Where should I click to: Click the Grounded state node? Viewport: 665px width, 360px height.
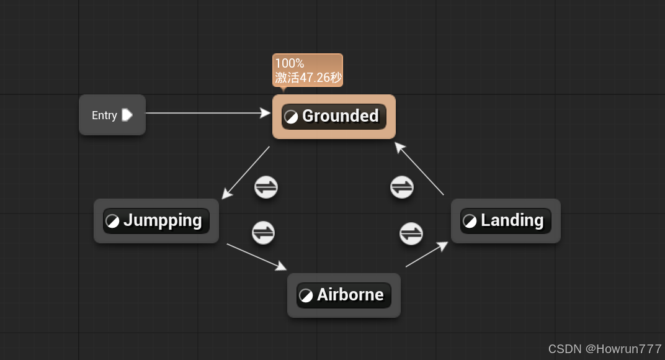pyautogui.click(x=334, y=117)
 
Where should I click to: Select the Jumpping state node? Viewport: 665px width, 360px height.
pyautogui.click(x=156, y=221)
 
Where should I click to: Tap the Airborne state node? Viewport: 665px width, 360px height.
pyautogui.click(x=344, y=295)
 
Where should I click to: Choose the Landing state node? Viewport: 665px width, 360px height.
pyautogui.click(x=506, y=221)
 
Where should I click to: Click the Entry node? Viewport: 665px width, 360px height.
pyautogui.click(x=112, y=115)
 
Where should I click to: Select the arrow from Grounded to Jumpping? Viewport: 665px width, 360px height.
pyautogui.click(x=246, y=173)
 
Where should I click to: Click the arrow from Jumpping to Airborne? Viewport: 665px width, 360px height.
pyautogui.click(x=256, y=256)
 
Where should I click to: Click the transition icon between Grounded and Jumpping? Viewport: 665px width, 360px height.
pyautogui.click(x=266, y=187)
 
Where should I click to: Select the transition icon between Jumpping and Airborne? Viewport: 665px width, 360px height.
pyautogui.click(x=264, y=233)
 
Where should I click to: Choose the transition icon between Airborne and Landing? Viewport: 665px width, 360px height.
pyautogui.click(x=411, y=234)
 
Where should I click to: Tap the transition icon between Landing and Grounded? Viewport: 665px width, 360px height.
pyautogui.click(x=402, y=187)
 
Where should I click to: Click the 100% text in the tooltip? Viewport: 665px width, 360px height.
pyautogui.click(x=290, y=63)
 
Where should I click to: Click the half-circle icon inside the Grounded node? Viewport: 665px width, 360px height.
pyautogui.click(x=291, y=117)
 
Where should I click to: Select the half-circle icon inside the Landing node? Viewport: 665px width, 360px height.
pyautogui.click(x=470, y=221)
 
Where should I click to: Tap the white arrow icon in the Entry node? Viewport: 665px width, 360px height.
pyautogui.click(x=127, y=115)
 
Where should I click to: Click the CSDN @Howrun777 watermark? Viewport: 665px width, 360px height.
pyautogui.click(x=605, y=349)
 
